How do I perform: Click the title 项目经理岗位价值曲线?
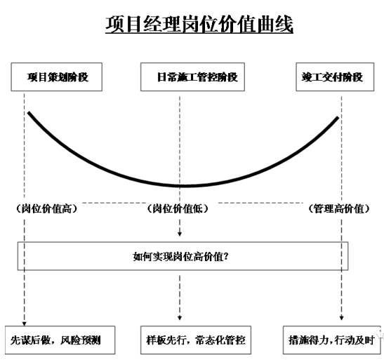click(199, 24)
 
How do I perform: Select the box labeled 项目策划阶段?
click(57, 77)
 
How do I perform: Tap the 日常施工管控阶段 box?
click(192, 77)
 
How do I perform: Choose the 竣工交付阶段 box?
click(335, 77)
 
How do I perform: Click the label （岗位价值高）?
click(46, 208)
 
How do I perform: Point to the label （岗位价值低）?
click(178, 208)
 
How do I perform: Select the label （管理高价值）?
click(338, 208)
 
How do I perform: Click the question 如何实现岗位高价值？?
click(180, 257)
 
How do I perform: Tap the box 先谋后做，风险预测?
click(60, 340)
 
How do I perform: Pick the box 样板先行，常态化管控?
click(196, 340)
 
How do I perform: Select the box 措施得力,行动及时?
click(331, 340)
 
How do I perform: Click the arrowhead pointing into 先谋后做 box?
click(25, 324)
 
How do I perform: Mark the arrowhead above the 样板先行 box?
click(180, 318)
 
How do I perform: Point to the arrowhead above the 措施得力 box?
click(342, 318)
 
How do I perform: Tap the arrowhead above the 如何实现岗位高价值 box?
click(180, 234)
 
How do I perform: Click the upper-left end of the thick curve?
click(29, 113)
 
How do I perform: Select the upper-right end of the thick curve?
click(338, 117)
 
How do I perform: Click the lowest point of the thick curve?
click(183, 186)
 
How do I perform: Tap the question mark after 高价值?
click(226, 256)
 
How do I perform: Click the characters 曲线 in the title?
click(274, 24)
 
